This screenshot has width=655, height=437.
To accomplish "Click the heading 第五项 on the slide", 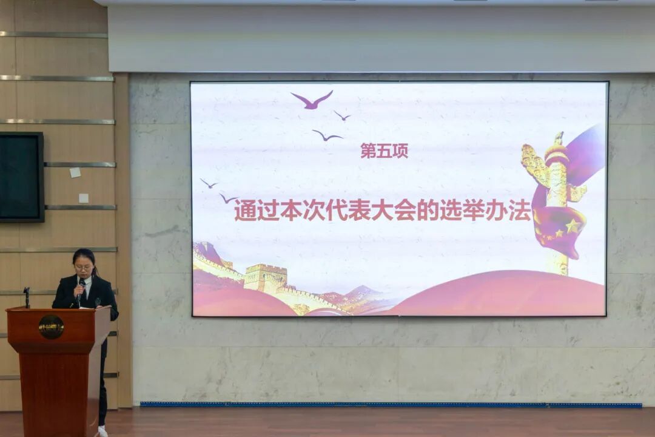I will click(384, 151).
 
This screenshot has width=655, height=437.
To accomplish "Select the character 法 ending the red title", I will click(520, 210).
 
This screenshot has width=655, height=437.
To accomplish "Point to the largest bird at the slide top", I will click(312, 100).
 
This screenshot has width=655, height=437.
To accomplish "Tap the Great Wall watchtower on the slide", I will click(265, 278).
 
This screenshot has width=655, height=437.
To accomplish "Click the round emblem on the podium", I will click(51, 327).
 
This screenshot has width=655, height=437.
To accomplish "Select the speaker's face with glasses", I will click(84, 266).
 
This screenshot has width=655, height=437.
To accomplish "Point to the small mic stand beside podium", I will click(27, 296).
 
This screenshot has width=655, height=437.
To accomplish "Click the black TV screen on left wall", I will click(21, 177).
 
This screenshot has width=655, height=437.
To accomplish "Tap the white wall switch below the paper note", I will click(84, 198).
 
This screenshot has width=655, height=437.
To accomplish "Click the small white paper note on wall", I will click(75, 172).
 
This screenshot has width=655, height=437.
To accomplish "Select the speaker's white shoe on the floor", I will click(102, 431).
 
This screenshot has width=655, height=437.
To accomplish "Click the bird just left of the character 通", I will click(227, 198).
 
